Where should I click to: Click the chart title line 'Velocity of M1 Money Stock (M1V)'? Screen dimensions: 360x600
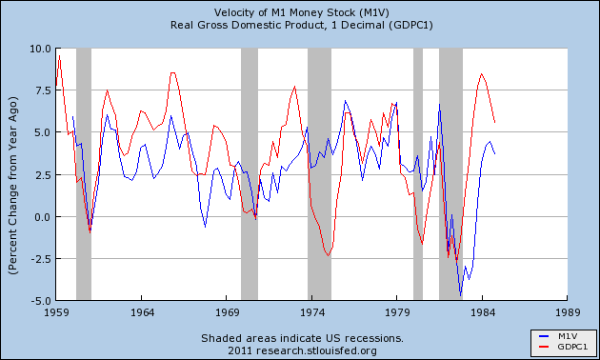point(301,10)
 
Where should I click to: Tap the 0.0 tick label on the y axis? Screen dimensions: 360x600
point(40,217)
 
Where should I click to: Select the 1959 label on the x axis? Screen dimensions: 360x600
point(57,311)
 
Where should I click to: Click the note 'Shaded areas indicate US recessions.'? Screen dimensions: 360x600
point(301,337)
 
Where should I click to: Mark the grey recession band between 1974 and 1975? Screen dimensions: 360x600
point(319,171)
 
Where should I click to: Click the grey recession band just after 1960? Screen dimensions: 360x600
point(84,171)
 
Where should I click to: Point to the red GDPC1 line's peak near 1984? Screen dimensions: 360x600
point(482,73)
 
